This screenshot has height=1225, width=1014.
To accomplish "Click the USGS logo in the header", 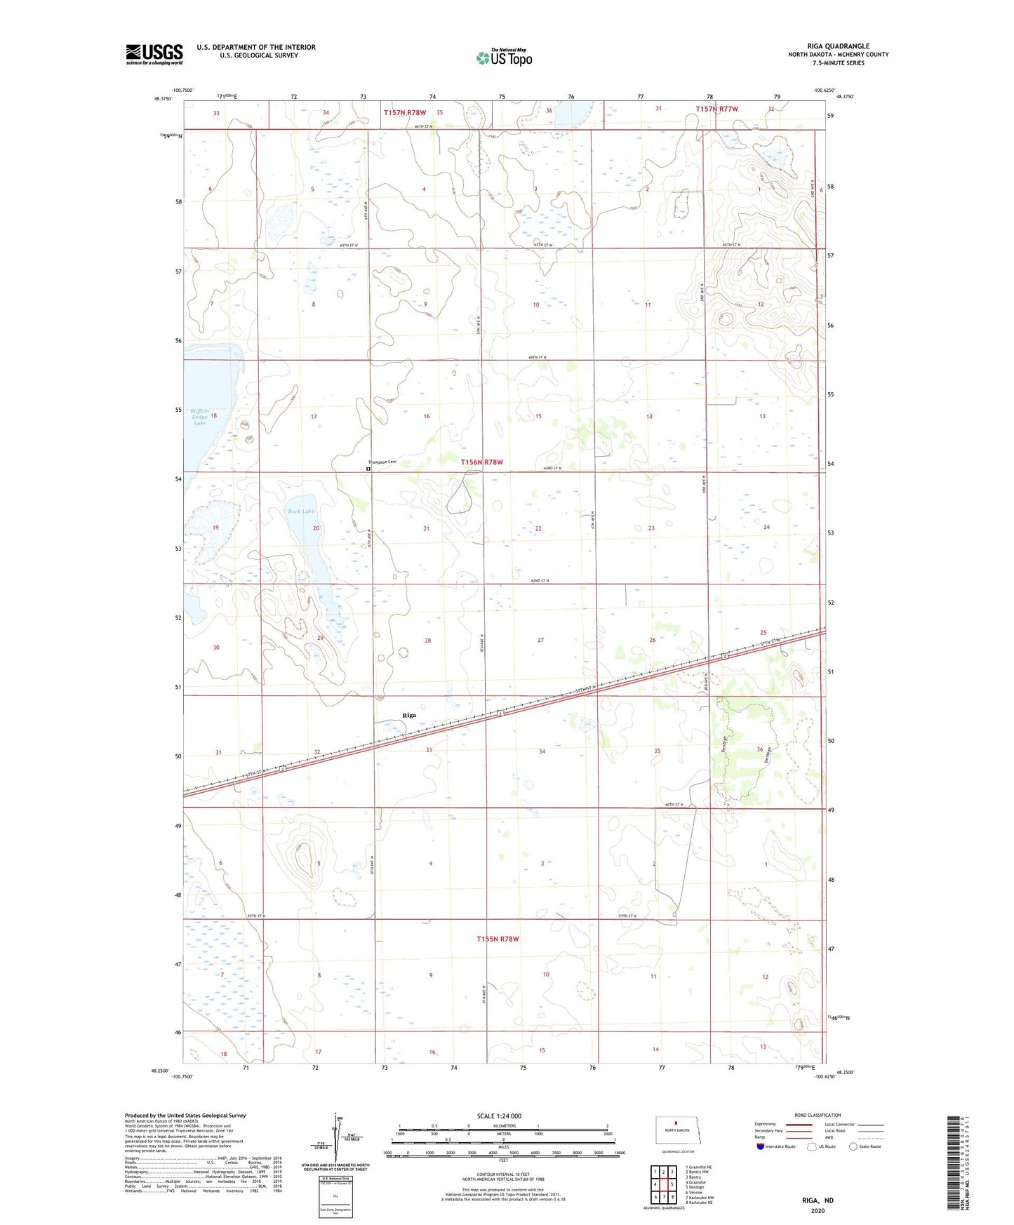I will pos(154,54).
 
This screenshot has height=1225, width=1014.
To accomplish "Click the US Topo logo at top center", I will pos(504,58).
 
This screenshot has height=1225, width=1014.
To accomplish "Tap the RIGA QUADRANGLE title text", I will pos(838,46).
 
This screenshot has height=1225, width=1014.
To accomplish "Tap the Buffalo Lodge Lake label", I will pos(200,417).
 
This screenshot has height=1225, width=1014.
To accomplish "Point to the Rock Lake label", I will pos(301,511).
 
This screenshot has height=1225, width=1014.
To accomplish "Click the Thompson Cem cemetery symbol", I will pos(368,468).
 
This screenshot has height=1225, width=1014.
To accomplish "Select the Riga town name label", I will pos(409,715).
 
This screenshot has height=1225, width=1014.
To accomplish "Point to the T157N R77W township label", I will pos(716,109).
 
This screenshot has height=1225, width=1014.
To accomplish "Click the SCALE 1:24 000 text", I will pos(499,1116).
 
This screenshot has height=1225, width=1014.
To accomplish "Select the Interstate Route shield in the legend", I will pos(761,1146).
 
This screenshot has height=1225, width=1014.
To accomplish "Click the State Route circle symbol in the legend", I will pos(853,1146).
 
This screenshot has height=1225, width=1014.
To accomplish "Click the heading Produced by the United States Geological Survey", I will pos(185,1115).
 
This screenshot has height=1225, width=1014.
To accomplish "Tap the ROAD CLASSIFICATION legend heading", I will pos(818,1115).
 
